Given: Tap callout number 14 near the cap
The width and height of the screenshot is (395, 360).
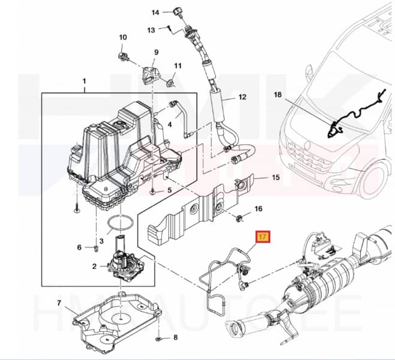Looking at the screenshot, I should tap(155, 12).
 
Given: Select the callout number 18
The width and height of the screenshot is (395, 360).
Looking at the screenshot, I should tap(277, 95).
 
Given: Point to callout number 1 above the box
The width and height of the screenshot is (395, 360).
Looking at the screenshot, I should tap(84, 80).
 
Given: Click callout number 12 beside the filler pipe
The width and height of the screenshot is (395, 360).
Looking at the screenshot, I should tap(242, 97).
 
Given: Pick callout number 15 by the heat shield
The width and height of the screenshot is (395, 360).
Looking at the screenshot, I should tap(276, 177).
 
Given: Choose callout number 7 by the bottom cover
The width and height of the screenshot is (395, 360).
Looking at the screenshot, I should tap(59, 302).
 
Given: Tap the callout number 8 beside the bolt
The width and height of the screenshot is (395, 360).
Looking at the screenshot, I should tap(175, 338).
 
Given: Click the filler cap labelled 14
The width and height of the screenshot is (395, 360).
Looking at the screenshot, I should tap(176, 11).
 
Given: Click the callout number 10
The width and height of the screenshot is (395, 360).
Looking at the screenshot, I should tap(123, 38).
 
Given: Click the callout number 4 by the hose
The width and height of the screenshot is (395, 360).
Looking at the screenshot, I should tap(170, 124).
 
